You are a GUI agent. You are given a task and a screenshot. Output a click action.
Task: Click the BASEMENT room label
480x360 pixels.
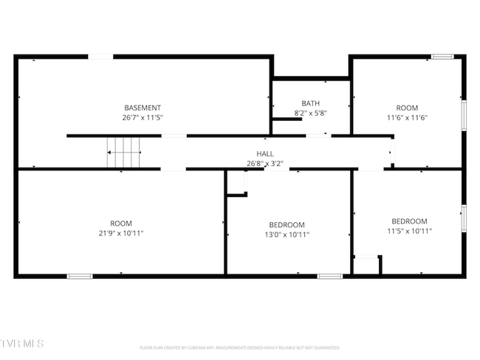(143, 108)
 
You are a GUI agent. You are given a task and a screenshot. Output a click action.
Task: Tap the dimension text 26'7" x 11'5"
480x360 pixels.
(143, 117)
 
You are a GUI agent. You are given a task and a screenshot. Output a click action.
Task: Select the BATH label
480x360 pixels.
(310, 103)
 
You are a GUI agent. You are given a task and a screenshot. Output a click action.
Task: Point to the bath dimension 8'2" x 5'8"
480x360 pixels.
(310, 113)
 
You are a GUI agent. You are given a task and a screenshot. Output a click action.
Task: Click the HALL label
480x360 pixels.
(265, 153)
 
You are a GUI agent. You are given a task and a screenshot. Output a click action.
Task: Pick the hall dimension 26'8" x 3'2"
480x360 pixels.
(265, 163)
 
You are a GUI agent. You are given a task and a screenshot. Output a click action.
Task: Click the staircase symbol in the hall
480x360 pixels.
(124, 153)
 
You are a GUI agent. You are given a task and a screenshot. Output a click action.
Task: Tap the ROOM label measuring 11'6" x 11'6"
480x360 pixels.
(407, 108)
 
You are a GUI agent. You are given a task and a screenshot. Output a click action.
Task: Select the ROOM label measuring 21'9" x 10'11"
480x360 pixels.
(121, 224)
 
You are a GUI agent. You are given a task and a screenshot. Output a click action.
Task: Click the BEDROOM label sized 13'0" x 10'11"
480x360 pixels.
(287, 225)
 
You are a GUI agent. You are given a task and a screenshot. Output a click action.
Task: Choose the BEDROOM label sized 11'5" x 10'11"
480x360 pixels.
(409, 221)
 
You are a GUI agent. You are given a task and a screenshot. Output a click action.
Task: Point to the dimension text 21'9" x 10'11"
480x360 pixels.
(121, 233)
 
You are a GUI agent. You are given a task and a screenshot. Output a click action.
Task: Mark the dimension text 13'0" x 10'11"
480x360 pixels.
(287, 235)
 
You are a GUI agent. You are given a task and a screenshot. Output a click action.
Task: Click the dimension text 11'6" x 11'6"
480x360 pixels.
(407, 117)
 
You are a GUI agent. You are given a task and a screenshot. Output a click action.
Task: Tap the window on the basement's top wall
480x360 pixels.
(100, 56)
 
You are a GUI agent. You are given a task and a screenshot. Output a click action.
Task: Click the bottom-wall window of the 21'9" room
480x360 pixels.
(80, 276)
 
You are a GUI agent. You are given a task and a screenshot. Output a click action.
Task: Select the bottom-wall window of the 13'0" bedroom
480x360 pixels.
(330, 276)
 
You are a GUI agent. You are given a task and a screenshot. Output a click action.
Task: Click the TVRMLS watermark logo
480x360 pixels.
(22, 344)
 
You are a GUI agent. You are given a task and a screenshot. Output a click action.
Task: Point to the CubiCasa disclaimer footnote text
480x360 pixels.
(240, 347)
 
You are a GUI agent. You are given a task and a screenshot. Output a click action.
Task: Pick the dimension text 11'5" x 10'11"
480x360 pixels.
(409, 231)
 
